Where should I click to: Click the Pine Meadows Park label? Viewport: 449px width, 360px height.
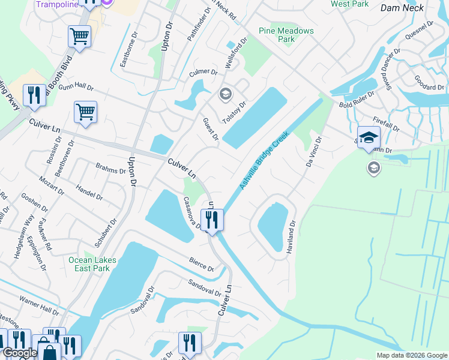(277, 35)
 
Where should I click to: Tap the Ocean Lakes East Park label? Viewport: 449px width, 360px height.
(92, 265)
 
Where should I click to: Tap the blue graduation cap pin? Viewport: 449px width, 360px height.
(368, 137)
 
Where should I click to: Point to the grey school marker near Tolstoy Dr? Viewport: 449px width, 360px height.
(226, 93)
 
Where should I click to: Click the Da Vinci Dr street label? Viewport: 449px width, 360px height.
(312, 152)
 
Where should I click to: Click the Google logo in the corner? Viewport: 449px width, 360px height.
(19, 353)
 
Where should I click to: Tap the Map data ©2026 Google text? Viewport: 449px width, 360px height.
(411, 355)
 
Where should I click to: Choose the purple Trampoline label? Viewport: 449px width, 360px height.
(58, 4)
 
